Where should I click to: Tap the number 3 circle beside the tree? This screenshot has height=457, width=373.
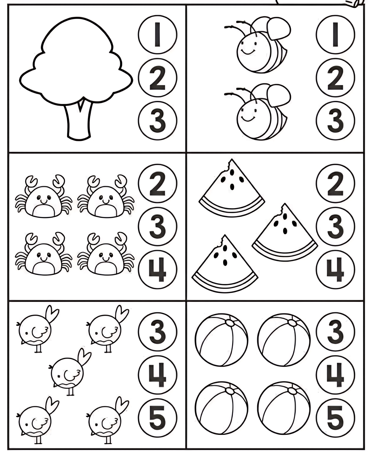(157, 120)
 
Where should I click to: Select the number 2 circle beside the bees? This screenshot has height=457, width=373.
(335, 78)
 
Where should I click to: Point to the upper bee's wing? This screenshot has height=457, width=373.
(279, 28)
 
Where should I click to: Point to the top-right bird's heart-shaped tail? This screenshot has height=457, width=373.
(121, 314)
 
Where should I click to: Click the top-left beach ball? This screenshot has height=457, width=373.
(221, 340)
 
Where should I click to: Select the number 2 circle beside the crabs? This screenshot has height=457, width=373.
(157, 184)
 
